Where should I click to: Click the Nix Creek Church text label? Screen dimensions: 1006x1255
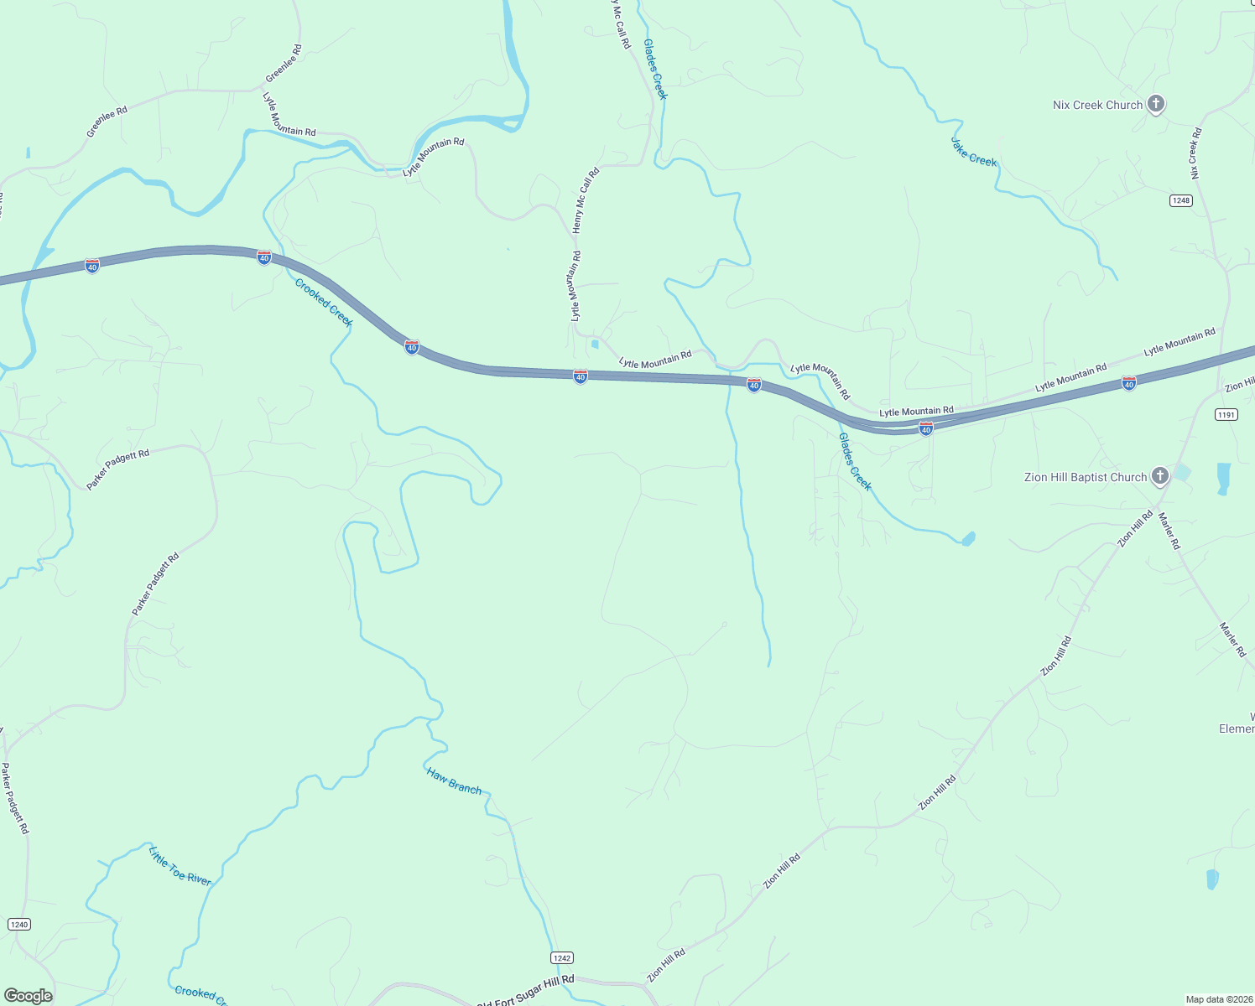[1097, 105]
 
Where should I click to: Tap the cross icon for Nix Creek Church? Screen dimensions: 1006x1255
[1156, 105]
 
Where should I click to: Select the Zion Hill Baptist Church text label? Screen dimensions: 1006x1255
[1085, 477]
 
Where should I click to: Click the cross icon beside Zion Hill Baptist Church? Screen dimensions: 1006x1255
[1159, 477]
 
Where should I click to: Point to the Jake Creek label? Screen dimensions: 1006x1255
[973, 151]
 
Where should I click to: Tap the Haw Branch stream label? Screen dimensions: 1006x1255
[454, 780]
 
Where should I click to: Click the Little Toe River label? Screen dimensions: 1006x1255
[180, 866]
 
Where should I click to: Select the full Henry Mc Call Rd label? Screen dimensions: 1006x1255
[586, 200]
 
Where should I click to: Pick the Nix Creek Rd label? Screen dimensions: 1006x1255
[1195, 153]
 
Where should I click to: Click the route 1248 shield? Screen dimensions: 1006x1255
[1181, 200]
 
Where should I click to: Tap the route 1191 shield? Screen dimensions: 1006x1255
[1226, 415]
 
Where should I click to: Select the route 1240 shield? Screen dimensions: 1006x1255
[18, 924]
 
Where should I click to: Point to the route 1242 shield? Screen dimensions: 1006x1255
[562, 957]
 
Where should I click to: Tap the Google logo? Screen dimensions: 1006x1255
[29, 995]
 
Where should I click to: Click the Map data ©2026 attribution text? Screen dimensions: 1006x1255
[1217, 999]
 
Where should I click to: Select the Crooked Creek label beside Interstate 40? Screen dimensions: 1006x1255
[323, 303]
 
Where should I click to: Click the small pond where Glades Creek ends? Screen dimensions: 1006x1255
[968, 538]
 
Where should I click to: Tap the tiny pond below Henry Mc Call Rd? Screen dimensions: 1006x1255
[595, 344]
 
